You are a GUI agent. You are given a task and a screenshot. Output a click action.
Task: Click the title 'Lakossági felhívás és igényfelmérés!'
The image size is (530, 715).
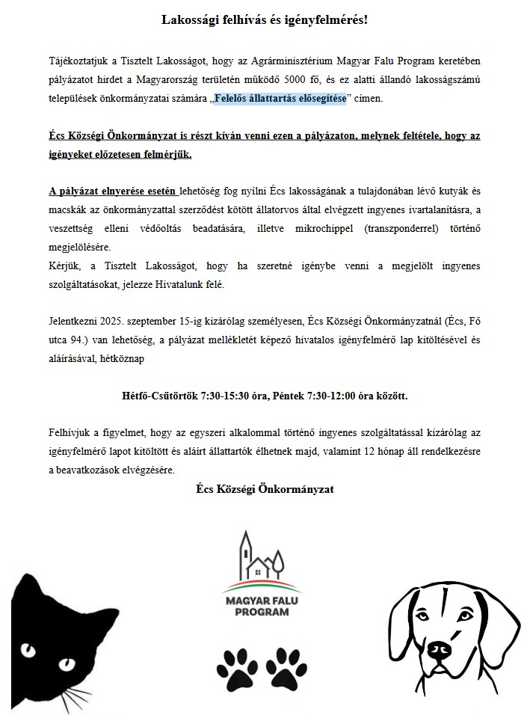(x=265, y=19)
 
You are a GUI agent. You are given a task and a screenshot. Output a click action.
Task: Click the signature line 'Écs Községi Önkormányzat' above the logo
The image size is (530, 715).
(x=265, y=489)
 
